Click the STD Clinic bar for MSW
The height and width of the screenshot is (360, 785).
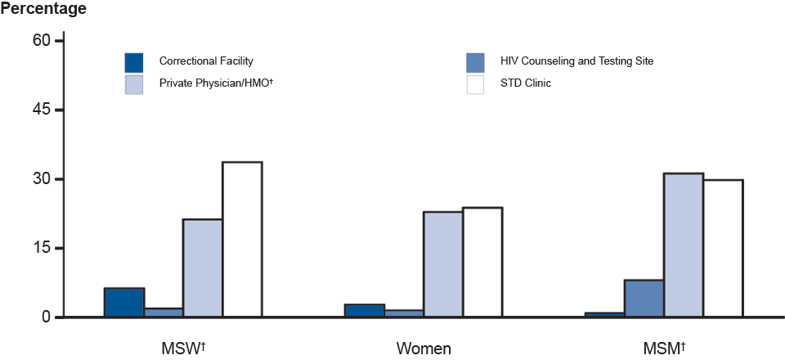(x=242, y=239)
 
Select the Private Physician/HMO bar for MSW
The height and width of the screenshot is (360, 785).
(x=203, y=268)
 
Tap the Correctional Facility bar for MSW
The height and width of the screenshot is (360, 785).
(x=124, y=302)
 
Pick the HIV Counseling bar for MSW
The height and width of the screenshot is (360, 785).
(x=164, y=312)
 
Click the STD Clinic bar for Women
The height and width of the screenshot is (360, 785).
(x=482, y=262)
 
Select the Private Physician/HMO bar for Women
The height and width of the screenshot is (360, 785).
(x=443, y=264)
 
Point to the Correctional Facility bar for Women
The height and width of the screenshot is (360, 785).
(x=365, y=310)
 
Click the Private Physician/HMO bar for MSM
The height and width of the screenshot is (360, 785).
(x=684, y=245)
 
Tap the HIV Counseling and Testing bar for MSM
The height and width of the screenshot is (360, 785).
(x=644, y=298)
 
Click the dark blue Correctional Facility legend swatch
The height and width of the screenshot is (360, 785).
(x=134, y=62)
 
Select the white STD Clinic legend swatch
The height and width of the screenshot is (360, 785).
(x=476, y=84)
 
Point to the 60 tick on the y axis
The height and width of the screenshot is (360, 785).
(x=42, y=41)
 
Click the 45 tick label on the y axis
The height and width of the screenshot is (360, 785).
(x=42, y=110)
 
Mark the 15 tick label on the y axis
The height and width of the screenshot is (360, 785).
(x=42, y=248)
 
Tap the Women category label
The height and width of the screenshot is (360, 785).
(x=424, y=349)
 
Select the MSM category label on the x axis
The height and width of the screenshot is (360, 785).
(x=662, y=349)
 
